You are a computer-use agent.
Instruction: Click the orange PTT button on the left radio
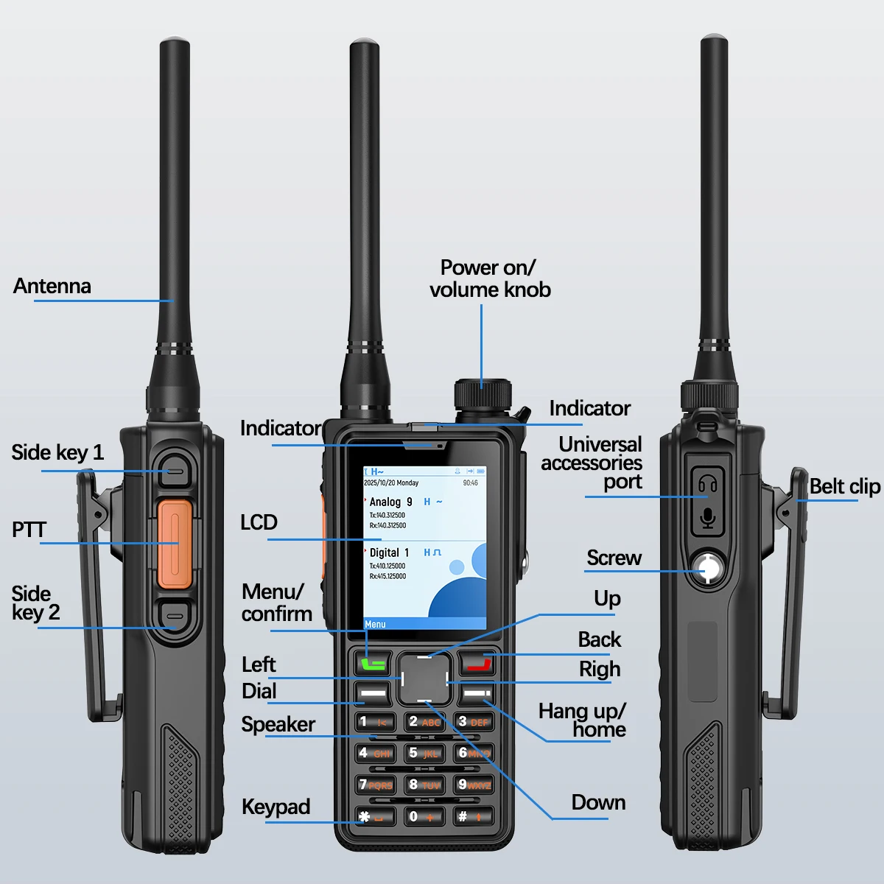[x=175, y=544]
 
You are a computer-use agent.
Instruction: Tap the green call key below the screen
[x=373, y=662]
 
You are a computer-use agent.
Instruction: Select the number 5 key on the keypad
[x=424, y=754]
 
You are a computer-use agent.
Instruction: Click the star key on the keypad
[x=374, y=816]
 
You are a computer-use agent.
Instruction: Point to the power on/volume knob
[x=483, y=394]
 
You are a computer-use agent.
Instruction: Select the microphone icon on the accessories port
[x=708, y=518]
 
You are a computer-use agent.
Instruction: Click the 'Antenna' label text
[x=52, y=286]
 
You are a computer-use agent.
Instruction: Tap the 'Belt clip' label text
[x=844, y=486]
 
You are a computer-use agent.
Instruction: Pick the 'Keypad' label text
[x=276, y=807]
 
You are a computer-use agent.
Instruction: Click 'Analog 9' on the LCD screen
[x=391, y=502]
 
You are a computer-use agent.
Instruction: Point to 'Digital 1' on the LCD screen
[x=389, y=552]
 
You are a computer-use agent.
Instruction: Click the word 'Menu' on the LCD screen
[x=375, y=625]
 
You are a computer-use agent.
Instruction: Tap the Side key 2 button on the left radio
[x=175, y=615]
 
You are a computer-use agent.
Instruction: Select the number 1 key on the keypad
[x=374, y=722]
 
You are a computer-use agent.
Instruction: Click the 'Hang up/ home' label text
[x=582, y=720]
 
